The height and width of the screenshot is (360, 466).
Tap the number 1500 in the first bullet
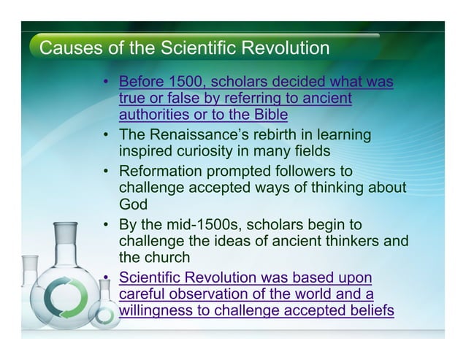pyautogui.click(x=183, y=82)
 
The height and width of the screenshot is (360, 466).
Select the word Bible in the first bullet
pyautogui.click(x=268, y=115)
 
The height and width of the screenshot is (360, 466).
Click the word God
pyautogui.click(x=134, y=204)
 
